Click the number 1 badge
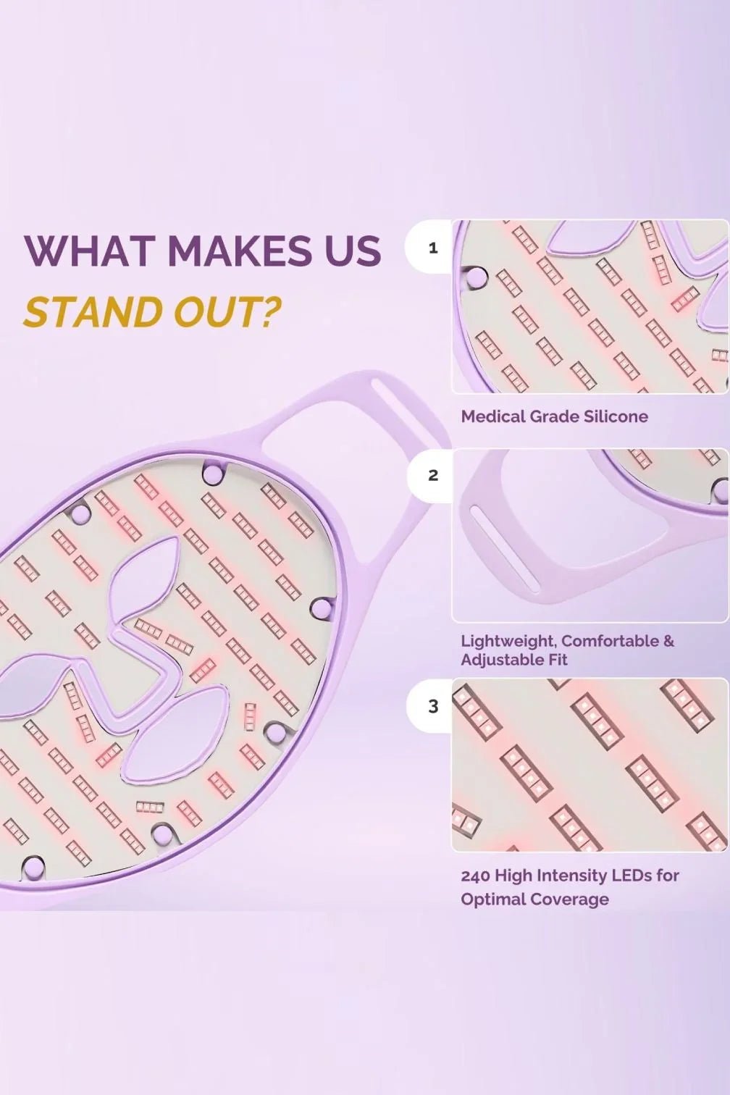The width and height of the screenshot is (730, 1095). pyautogui.click(x=433, y=248)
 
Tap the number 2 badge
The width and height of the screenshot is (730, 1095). pyautogui.click(x=433, y=475)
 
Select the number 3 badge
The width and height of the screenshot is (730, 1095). pyautogui.click(x=433, y=706)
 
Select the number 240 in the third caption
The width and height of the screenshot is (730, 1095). pyautogui.click(x=476, y=875)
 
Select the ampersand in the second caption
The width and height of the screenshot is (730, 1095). pyautogui.click(x=668, y=641)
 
